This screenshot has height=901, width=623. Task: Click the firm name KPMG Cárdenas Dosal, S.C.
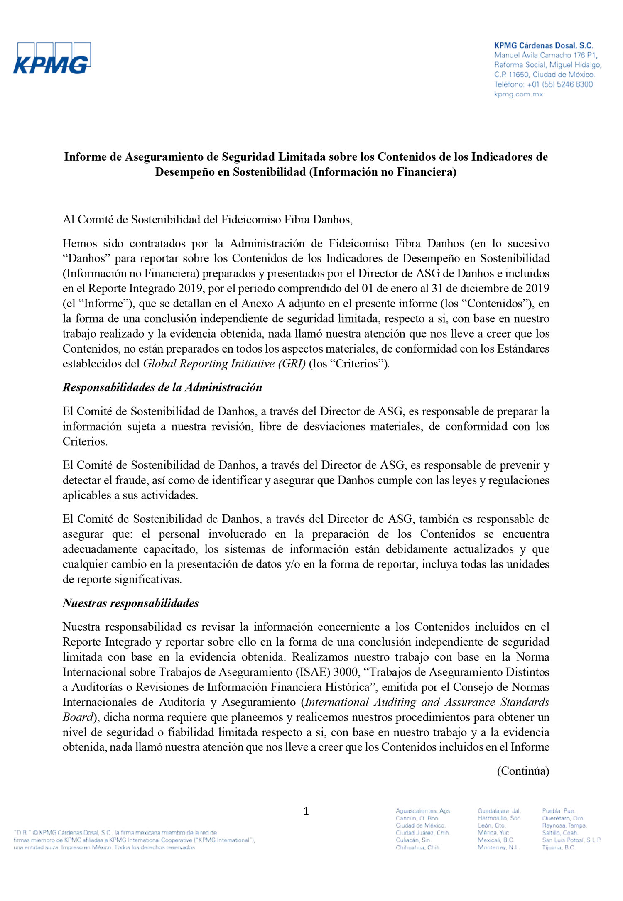(543, 46)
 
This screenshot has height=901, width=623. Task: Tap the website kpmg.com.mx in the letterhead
(518, 94)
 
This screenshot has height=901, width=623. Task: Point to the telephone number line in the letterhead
(543, 84)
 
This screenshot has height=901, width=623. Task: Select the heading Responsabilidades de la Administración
(162, 387)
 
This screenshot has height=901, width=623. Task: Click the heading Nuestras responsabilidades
(131, 603)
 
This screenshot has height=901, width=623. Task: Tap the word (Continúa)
(523, 771)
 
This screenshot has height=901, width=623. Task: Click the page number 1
(306, 811)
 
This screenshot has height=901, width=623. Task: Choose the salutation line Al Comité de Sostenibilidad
(207, 219)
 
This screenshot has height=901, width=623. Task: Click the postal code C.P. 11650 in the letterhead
(512, 75)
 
